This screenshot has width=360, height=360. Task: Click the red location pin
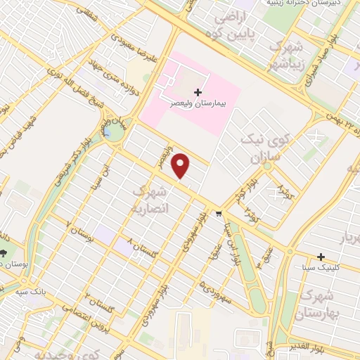point(181,165)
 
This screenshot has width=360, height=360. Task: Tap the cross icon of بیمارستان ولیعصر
point(198,92)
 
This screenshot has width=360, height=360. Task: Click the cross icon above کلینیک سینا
point(321,257)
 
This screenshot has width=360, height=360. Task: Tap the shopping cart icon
point(219,214)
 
